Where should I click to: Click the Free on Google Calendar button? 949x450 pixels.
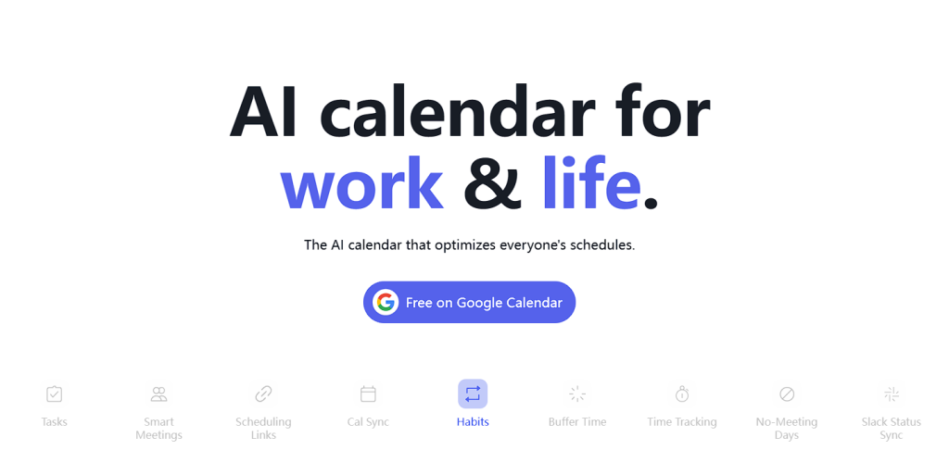coord(469,303)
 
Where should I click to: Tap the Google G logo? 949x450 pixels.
coord(386,303)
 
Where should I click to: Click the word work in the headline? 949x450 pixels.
coord(362,182)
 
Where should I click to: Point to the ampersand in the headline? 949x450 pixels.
coord(493,182)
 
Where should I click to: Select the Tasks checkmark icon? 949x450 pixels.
coord(54,394)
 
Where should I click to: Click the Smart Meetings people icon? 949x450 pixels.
coord(158,394)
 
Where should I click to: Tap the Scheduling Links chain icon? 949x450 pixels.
coord(263,394)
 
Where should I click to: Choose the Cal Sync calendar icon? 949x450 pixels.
coord(368,394)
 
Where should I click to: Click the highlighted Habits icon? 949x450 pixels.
coord(473,394)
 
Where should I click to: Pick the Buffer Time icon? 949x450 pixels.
coord(577,394)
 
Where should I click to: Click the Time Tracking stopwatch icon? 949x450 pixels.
coord(682,394)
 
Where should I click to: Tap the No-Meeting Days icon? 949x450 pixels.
coord(787,394)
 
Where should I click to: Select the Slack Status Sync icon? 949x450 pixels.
coord(892,394)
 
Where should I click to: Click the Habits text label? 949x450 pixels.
coord(473,422)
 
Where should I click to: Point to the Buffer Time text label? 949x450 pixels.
coord(577,422)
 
